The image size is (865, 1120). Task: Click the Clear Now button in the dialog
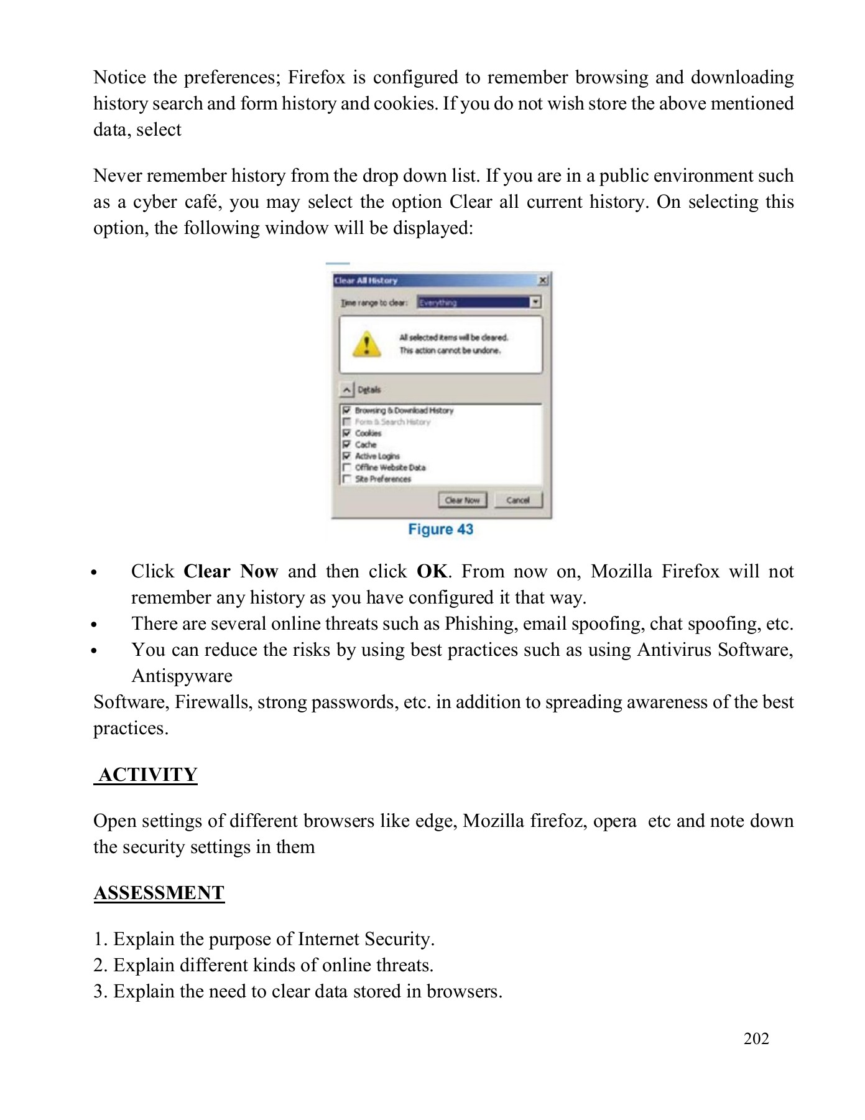[x=462, y=500]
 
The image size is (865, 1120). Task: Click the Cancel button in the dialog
[x=518, y=500]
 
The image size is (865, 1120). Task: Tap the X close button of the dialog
[x=542, y=281]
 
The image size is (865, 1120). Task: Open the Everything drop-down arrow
[x=535, y=302]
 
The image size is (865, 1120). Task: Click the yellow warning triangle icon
[x=367, y=344]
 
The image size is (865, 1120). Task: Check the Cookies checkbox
[x=347, y=433]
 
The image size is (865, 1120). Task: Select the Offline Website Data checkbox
[x=347, y=467]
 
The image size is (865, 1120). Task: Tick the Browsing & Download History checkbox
[x=347, y=411]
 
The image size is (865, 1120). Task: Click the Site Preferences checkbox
[x=347, y=478]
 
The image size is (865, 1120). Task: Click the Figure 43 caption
[x=440, y=530]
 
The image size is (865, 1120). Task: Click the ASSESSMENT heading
[x=159, y=893]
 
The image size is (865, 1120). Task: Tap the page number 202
[x=756, y=1038]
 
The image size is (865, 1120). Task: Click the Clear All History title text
[x=366, y=281]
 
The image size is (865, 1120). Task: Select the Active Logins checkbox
[x=347, y=456]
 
